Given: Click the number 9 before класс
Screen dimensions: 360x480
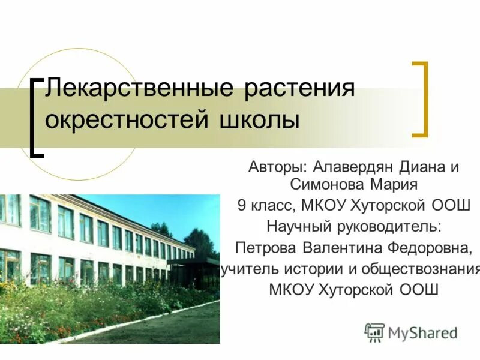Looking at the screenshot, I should coord(241,205).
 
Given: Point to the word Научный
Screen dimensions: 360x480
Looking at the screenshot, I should coord(297,226).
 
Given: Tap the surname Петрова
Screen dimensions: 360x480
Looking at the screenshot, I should coord(266,248).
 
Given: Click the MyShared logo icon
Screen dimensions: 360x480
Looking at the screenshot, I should coord(374,332).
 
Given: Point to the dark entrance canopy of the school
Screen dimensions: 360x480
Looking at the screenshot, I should coord(193,263).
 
